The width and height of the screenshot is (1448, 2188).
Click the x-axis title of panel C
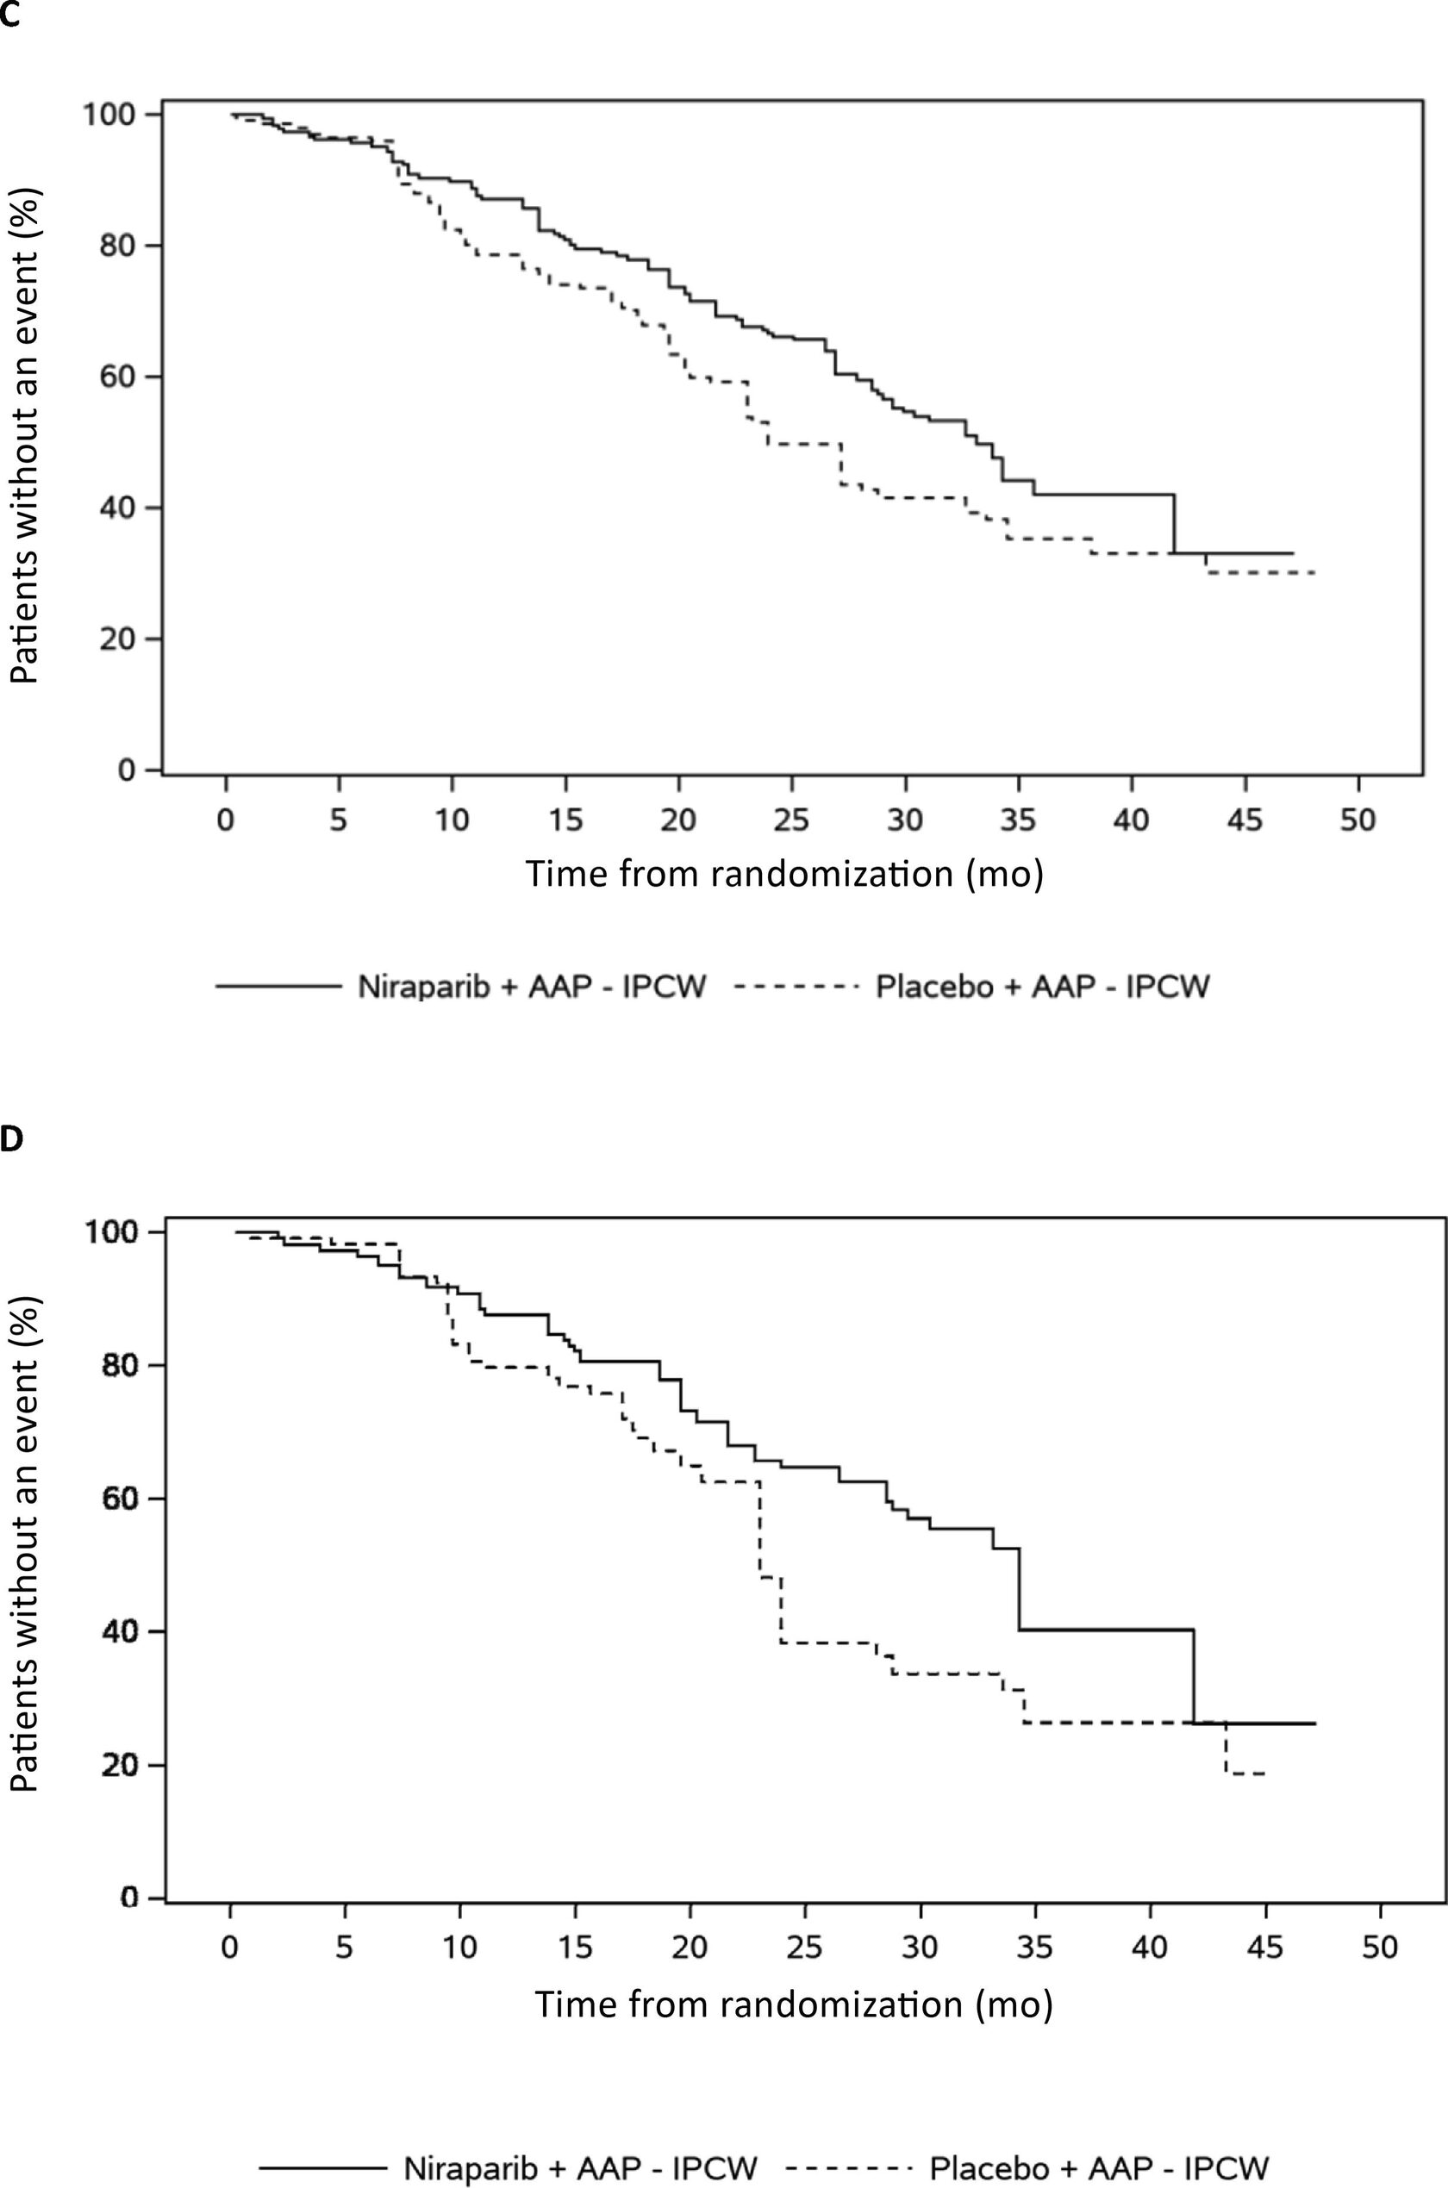783,872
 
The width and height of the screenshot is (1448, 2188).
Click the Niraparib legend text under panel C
531,988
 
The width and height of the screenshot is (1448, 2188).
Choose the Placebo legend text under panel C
1042,988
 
